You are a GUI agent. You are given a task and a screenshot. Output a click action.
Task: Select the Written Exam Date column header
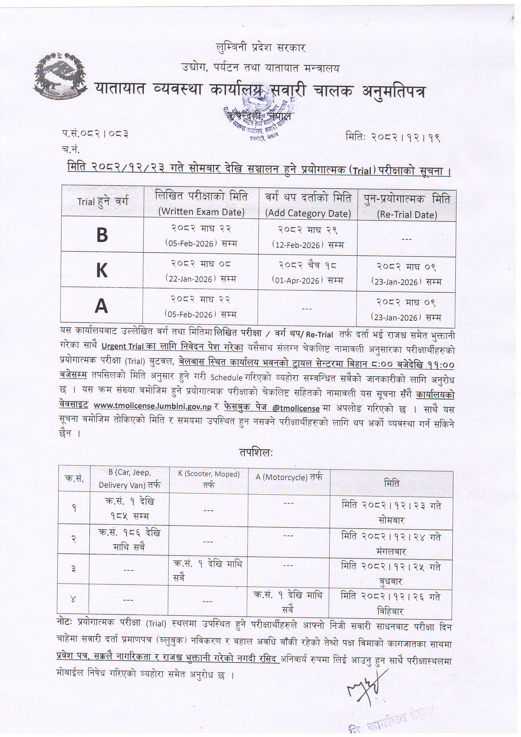coord(201,212)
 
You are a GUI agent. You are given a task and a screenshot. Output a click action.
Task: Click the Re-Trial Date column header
coord(407,215)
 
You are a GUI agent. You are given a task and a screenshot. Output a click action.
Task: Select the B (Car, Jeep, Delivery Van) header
coord(129,478)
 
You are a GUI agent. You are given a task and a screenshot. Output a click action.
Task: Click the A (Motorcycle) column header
coord(289,477)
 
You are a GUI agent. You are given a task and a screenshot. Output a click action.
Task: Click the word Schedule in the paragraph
coord(226,378)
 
